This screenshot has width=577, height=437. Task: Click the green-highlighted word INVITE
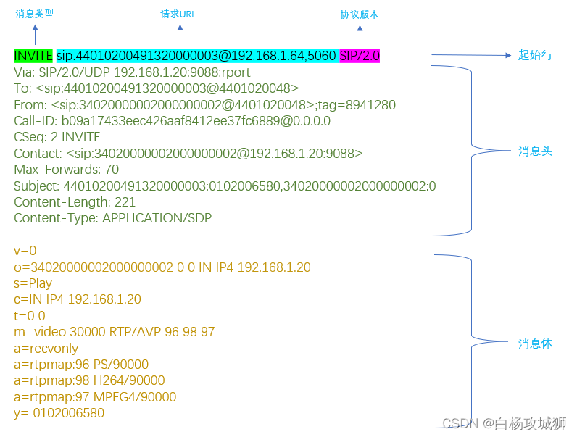click(x=33, y=55)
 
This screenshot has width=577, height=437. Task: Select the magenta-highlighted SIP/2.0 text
click(x=360, y=55)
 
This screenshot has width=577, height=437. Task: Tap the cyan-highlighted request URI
click(x=196, y=55)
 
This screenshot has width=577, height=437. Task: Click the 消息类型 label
click(x=35, y=14)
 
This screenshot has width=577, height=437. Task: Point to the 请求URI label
click(x=177, y=14)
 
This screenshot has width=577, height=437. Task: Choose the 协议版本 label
click(x=360, y=14)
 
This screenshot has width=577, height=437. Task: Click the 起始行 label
click(x=536, y=55)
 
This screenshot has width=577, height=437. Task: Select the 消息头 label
click(x=536, y=151)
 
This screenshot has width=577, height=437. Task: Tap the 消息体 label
click(x=536, y=344)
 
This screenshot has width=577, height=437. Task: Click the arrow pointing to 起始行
click(x=471, y=55)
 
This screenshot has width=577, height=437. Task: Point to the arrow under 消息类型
click(x=35, y=33)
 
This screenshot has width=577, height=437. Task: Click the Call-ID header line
click(x=172, y=121)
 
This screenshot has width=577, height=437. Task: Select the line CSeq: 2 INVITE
click(x=57, y=137)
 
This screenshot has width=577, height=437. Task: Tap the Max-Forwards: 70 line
click(x=66, y=170)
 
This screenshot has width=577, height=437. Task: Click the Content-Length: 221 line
click(x=75, y=202)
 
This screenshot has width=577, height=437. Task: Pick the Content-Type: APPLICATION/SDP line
click(x=112, y=218)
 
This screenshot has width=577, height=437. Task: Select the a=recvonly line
click(x=46, y=349)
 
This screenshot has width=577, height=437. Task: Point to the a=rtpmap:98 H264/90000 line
click(x=89, y=380)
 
